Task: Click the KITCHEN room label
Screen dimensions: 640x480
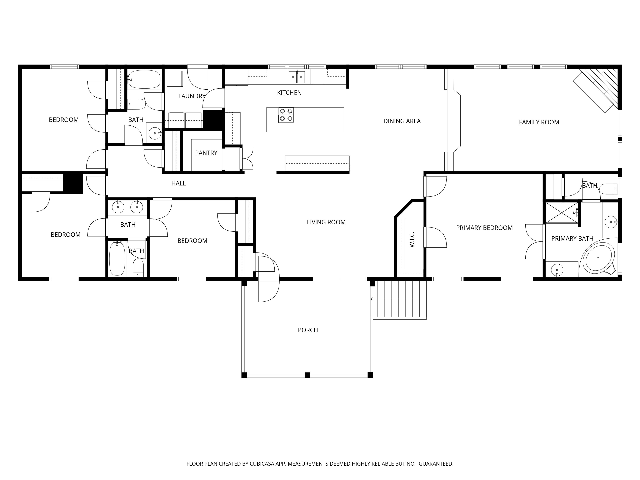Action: pos(289,93)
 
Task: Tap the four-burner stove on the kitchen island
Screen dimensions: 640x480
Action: pos(286,115)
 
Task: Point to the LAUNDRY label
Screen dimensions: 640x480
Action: pos(192,96)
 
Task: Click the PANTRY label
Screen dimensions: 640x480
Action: pos(206,153)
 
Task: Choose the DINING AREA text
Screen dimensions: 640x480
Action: pos(402,121)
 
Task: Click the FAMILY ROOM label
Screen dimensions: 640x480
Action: pos(539,122)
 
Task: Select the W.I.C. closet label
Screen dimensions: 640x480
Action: pos(412,239)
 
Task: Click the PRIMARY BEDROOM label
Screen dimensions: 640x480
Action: pos(484,228)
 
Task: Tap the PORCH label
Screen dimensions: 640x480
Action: pos(308,330)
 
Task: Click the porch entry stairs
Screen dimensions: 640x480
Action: pos(398,299)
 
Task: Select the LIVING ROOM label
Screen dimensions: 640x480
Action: pos(326,222)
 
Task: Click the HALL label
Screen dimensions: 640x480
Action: pos(179,183)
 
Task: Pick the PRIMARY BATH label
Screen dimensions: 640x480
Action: pos(572,239)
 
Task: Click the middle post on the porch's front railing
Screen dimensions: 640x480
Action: pos(307,375)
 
